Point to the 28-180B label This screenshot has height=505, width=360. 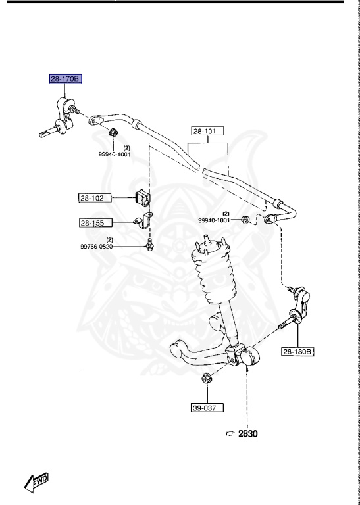point(298,352)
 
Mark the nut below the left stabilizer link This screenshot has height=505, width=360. point(112,135)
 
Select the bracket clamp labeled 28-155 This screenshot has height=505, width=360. point(143,222)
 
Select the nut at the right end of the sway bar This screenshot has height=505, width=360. point(245,219)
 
